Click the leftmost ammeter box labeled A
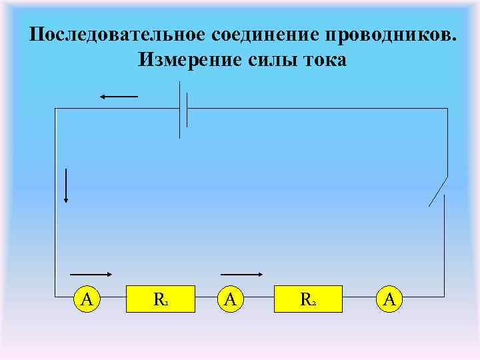[86, 299]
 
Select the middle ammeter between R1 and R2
[230, 299]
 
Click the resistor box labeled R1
[160, 299]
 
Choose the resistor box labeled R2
[307, 299]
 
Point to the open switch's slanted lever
[437, 191]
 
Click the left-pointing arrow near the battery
[119, 97]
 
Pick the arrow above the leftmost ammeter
[91, 274]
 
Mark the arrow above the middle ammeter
[241, 274]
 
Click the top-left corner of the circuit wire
[56, 109]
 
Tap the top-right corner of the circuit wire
[447, 109]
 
